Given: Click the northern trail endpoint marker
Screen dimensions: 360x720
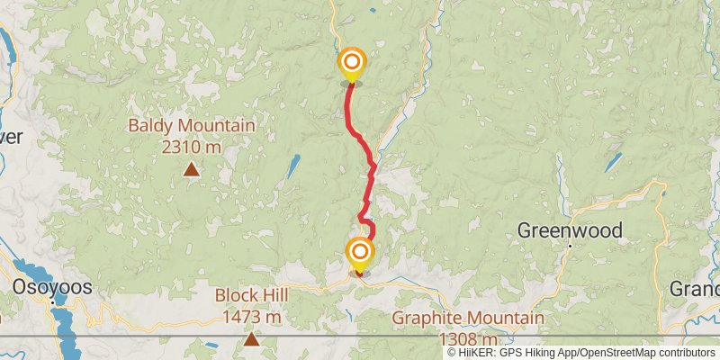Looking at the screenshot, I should (x=351, y=64).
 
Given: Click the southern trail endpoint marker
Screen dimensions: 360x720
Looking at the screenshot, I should (x=360, y=252).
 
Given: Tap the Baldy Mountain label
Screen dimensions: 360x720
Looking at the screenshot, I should (x=191, y=126).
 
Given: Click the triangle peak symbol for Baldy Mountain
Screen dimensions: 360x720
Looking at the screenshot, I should (x=191, y=168).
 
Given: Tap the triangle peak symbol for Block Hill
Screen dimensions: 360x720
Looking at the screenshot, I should (x=251, y=339).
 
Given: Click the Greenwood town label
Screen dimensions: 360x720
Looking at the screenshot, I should (x=570, y=230).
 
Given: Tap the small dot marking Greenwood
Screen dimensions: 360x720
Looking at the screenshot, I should (x=570, y=245).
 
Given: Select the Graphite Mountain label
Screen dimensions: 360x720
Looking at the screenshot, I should (x=468, y=319).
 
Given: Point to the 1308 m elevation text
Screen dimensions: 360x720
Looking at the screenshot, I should (x=468, y=338).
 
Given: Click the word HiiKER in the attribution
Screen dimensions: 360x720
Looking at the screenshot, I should (x=476, y=352).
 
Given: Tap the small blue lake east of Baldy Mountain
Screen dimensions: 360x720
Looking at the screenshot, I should (x=293, y=166).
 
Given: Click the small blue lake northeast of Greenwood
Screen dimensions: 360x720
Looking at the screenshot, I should (x=613, y=163).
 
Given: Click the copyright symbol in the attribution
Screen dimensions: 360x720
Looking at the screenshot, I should (x=452, y=352).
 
